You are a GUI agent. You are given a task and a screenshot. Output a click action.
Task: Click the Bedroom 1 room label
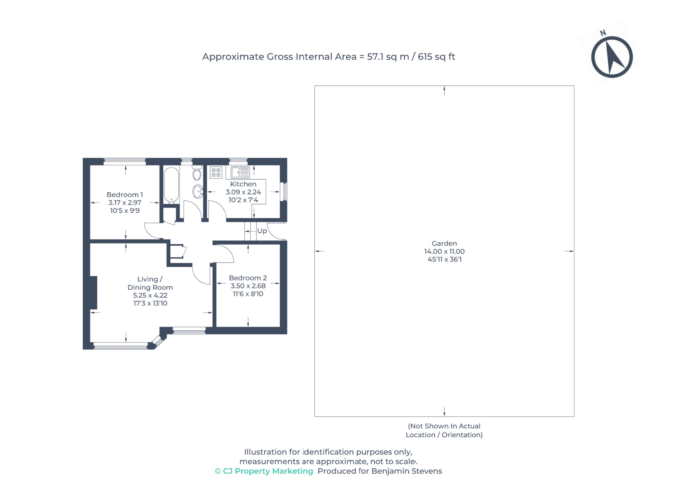[124, 195]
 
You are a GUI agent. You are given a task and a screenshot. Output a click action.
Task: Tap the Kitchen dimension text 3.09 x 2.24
[243, 192]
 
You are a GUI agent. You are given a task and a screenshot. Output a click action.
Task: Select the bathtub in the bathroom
[171, 185]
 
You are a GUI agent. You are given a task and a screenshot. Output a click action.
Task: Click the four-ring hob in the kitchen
[216, 172]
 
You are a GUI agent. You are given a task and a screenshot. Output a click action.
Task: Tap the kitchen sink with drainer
[240, 172]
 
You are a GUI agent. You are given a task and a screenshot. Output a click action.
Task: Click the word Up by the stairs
[262, 231]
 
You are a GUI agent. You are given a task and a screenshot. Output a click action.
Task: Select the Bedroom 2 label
[248, 278]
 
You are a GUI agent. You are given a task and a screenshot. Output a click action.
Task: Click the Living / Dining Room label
[150, 283]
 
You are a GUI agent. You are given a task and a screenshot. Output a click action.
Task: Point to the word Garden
[444, 244]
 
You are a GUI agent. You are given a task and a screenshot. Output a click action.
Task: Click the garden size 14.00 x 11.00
[444, 252]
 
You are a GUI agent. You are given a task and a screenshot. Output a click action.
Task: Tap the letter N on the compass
[603, 33]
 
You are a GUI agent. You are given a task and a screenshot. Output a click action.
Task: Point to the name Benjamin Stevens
[406, 471]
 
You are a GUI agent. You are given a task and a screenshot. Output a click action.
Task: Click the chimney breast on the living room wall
[94, 293]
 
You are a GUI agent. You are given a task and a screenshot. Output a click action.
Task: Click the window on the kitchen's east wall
[285, 192]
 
